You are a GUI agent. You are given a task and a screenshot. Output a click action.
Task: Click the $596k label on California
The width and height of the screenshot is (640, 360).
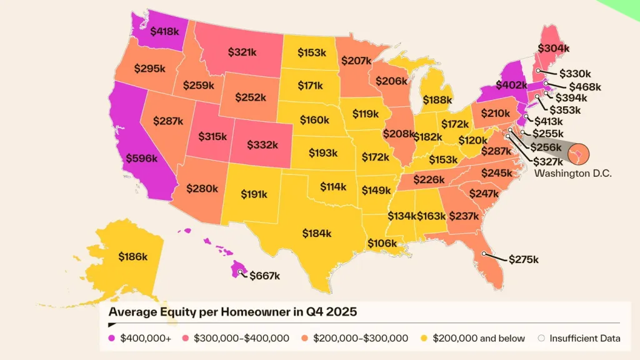point(142,159)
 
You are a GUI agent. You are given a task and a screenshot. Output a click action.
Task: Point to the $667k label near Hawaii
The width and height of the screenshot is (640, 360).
point(264,275)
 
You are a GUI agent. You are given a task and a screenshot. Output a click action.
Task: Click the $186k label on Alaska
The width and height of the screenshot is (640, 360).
point(132,256)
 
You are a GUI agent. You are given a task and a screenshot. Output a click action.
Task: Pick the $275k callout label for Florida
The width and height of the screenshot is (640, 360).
point(523,259)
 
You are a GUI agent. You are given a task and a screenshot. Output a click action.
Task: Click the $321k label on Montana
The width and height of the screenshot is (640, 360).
point(242,52)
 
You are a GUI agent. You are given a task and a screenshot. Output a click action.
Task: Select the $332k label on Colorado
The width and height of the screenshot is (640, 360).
point(262,144)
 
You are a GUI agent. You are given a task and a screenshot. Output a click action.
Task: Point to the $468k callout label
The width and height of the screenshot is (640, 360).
point(584,86)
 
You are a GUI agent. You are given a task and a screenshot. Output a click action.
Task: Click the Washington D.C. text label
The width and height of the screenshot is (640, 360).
point(573,172)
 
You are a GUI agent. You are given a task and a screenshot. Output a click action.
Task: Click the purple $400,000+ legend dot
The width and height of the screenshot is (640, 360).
point(112,338)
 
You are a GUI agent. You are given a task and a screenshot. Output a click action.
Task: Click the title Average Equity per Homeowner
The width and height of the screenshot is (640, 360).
point(232,311)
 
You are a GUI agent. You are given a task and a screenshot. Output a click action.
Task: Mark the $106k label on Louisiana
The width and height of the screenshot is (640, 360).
point(382,243)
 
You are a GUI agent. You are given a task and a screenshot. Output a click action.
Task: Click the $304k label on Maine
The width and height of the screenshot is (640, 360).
point(554,48)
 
